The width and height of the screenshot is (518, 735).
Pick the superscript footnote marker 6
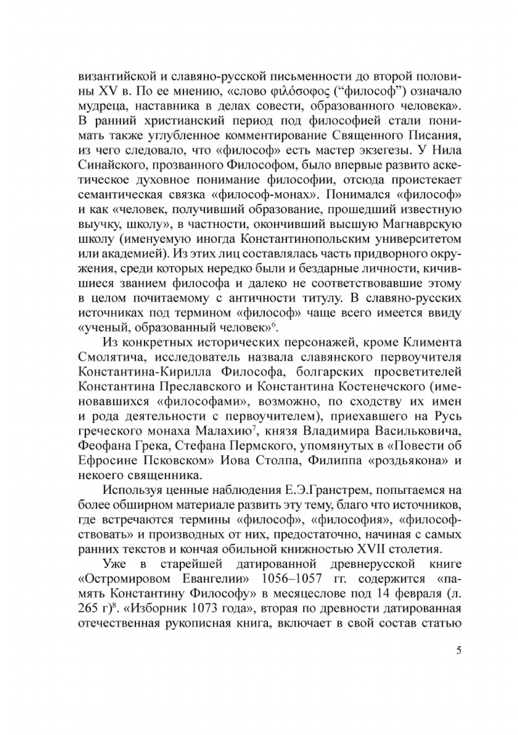click(274, 324)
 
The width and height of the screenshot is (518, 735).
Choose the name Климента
click(428, 343)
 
